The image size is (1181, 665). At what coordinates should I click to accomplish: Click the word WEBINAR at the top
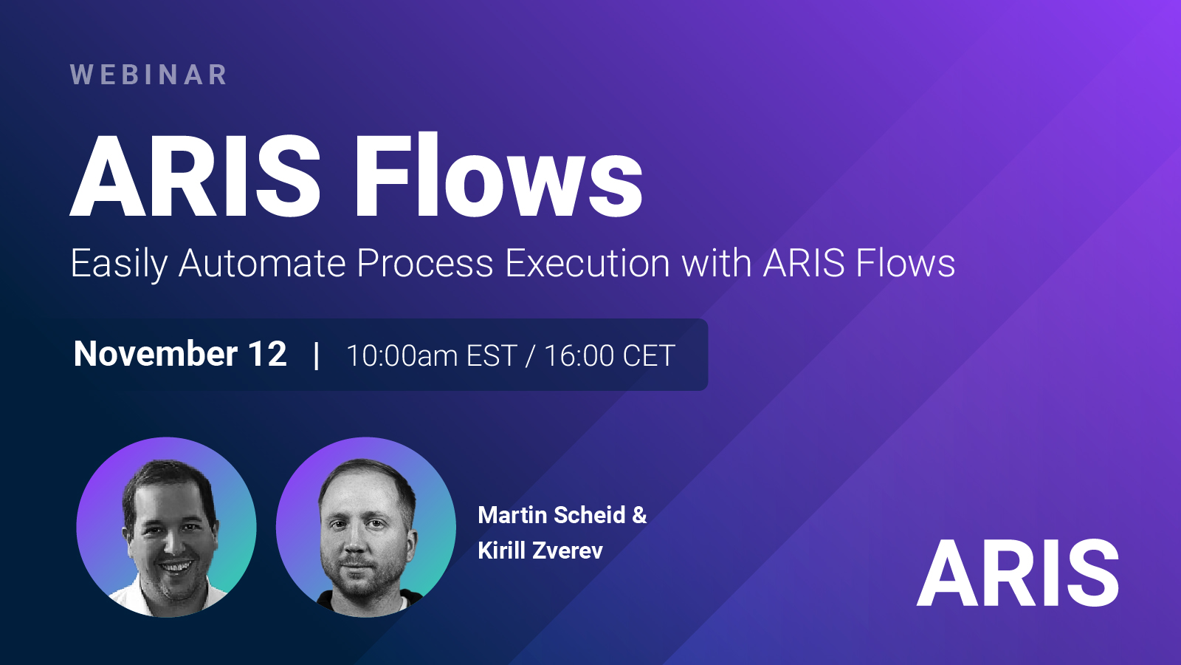tap(148, 75)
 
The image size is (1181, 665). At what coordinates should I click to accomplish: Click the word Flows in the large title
tap(499, 175)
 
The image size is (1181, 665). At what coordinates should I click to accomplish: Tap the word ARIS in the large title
tap(195, 175)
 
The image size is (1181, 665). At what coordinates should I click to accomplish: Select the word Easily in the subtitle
tap(119, 263)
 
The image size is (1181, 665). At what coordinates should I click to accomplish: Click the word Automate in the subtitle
tap(262, 263)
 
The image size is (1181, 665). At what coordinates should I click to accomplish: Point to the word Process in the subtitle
tap(425, 263)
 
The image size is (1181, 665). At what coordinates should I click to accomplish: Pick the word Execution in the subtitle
tap(588, 263)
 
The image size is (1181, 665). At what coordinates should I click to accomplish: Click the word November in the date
tap(156, 354)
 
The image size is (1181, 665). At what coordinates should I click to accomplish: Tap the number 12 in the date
tap(268, 354)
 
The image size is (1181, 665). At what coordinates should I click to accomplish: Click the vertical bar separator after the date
tap(317, 355)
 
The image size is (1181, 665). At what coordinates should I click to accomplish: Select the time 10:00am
tap(402, 355)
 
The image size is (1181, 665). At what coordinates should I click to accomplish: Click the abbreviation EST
tap(492, 355)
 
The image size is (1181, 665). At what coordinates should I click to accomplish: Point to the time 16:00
tap(579, 355)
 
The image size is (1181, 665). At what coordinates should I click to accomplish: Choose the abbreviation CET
tap(649, 355)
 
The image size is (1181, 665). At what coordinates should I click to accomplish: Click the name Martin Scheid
tap(551, 515)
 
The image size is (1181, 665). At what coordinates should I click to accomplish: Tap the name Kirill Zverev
tap(540, 550)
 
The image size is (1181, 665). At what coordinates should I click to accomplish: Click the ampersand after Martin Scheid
tap(639, 515)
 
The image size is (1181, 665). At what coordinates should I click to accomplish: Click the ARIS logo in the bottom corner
tap(1018, 573)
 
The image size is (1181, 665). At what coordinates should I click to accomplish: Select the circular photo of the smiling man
tap(167, 528)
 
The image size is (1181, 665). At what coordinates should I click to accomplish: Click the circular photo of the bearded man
tap(366, 528)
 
